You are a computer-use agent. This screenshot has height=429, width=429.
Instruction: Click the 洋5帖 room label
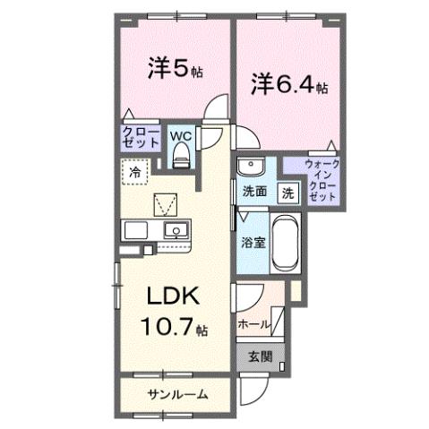point(173,67)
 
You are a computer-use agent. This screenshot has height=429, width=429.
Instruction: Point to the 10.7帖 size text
point(174,327)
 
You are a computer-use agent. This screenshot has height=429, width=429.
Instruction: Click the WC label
point(180,137)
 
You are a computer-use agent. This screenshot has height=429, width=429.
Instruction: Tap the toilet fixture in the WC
point(180,157)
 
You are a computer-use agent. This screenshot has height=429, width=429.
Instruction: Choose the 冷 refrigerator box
point(135,171)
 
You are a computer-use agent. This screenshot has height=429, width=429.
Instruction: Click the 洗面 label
point(254,191)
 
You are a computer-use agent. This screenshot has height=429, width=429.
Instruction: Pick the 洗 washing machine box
point(288,191)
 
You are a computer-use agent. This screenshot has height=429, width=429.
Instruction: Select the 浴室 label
point(251,242)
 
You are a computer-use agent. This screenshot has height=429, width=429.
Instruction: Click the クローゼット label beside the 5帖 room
point(140,137)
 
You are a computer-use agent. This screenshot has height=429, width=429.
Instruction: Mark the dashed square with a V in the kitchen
point(165,205)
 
